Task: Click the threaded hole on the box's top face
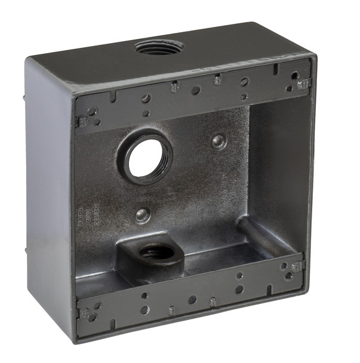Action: tap(158, 47)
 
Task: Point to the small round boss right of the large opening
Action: tap(219, 141)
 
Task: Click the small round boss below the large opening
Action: tap(142, 215)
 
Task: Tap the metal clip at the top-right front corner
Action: tap(303, 83)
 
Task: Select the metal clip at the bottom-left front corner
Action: tap(85, 313)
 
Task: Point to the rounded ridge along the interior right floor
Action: tap(263, 236)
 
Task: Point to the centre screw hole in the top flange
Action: tap(196, 91)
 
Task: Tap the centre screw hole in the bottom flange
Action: tap(192, 300)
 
